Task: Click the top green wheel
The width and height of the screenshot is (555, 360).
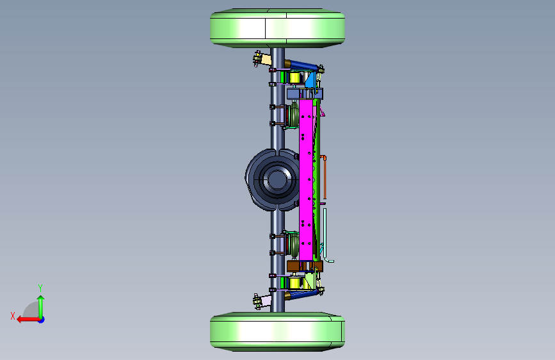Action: point(278,28)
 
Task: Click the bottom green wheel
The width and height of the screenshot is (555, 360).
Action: point(278,332)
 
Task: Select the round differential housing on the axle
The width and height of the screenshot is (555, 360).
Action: point(273,179)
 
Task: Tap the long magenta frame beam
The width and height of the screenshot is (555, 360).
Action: point(306,179)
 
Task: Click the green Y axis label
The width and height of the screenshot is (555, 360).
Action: point(40,288)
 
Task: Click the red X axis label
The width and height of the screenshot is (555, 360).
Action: point(13,316)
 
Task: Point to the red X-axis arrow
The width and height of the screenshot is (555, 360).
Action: point(29,320)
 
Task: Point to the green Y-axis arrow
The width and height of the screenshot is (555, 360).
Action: point(41,307)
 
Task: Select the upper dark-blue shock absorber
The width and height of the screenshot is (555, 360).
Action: point(303,65)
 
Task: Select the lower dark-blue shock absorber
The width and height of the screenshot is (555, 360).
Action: point(303,294)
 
